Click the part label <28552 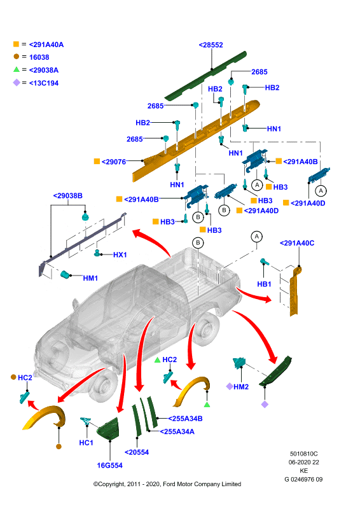pyautogui.click(x=211, y=45)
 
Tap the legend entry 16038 pyautogui.click(x=39, y=57)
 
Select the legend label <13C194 pyautogui.click(x=44, y=83)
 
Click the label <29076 pyautogui.click(x=114, y=162)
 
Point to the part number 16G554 pyautogui.click(x=110, y=466)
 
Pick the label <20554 pyautogui.click(x=137, y=452)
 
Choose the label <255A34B pyautogui.click(x=185, y=419)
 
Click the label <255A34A pyautogui.click(x=177, y=432)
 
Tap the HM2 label pyautogui.click(x=241, y=387)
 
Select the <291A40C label pyautogui.click(x=297, y=243)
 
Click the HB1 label pyautogui.click(x=264, y=284)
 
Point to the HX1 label pyautogui.click(x=120, y=255)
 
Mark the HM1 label pyautogui.click(x=90, y=278)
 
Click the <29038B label pyautogui.click(x=68, y=196)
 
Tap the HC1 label pyautogui.click(x=86, y=443)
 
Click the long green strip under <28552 pyautogui.click(x=205, y=75)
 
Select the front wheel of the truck pyautogui.click(x=102, y=386)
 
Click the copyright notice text pyautogui.click(x=167, y=484)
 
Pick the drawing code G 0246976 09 pyautogui.click(x=303, y=480)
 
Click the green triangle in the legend pyautogui.click(x=17, y=69)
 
